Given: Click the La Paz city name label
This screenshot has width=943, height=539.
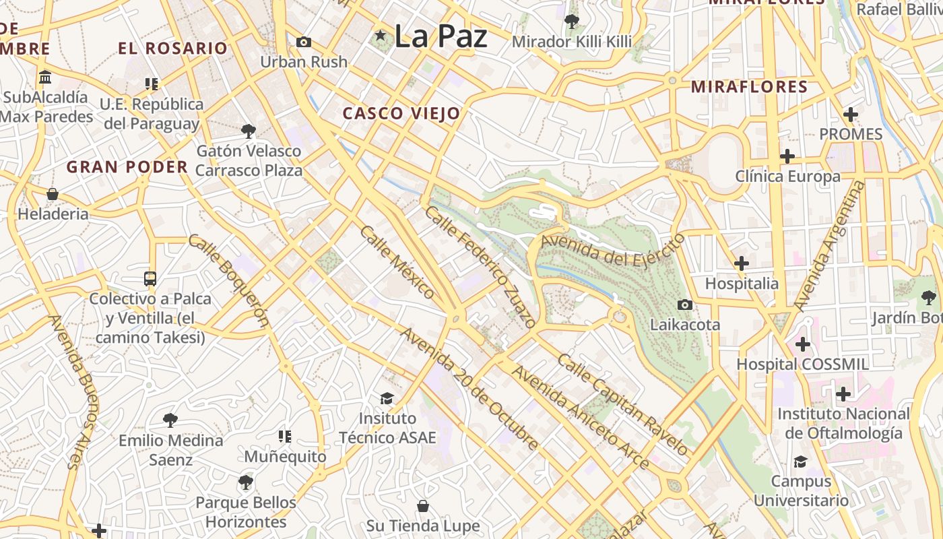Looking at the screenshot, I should (440, 36).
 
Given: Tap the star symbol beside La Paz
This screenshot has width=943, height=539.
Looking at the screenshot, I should (381, 35).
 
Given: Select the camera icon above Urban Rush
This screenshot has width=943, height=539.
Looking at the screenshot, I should (304, 42).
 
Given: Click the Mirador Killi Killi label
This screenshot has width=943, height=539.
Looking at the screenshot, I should (572, 42).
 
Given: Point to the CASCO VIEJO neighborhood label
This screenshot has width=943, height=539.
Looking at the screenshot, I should (401, 114).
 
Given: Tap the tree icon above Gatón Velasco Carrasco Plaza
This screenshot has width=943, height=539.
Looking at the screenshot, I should (249, 131).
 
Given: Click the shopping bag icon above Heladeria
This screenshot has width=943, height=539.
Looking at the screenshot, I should (53, 195).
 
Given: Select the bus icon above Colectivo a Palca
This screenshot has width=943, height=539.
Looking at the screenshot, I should (150, 279).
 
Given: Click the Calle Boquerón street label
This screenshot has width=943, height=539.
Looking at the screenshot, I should (229, 280).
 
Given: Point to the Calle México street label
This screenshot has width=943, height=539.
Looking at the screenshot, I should (397, 262).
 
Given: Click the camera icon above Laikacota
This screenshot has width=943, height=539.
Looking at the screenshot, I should (685, 305).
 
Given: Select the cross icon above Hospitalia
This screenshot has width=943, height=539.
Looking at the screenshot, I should (742, 263).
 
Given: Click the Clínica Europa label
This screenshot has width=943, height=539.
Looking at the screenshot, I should (787, 177).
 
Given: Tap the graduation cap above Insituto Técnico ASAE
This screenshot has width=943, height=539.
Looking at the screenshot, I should (387, 399).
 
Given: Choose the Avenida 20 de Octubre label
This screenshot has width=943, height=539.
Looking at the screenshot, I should (469, 388).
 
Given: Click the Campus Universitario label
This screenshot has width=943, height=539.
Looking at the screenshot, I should (801, 490).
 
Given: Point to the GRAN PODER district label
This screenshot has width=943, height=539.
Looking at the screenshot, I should (127, 167).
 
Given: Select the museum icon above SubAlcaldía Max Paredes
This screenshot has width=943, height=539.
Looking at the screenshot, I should (45, 77).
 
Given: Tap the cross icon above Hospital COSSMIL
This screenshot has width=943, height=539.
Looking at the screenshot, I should (802, 344).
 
